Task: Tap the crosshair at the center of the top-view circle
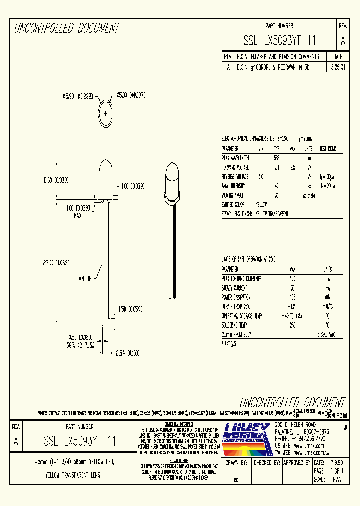tap(106, 113)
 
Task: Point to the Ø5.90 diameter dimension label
tap(78, 96)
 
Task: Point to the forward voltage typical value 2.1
tap(276, 167)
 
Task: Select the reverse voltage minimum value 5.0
tap(260, 177)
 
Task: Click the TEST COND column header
tap(327, 149)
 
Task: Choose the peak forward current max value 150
tap(292, 278)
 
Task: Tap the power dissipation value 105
tap(292, 297)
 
